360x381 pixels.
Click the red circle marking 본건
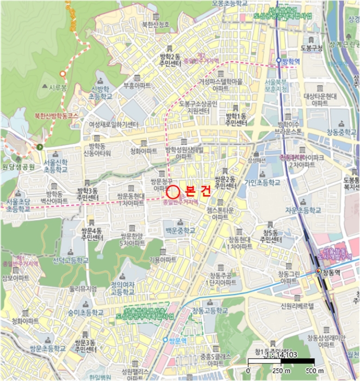173,191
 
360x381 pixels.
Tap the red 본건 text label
197,191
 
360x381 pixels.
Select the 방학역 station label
291,61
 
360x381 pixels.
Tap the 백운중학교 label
181,230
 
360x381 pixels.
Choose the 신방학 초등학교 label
101,92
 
